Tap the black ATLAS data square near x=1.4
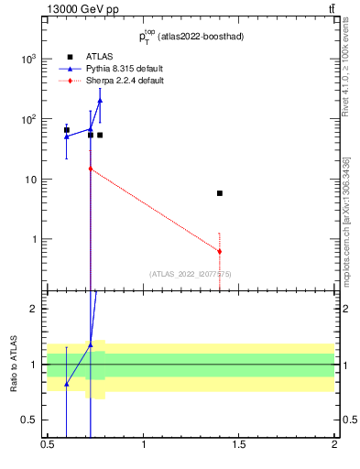click(220, 193)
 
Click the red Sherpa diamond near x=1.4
click(220, 251)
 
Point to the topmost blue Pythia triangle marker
click(100, 100)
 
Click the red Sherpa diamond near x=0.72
click(91, 169)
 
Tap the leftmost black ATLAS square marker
click(66, 130)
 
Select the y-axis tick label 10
click(32, 180)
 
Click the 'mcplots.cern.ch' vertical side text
click(352, 239)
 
